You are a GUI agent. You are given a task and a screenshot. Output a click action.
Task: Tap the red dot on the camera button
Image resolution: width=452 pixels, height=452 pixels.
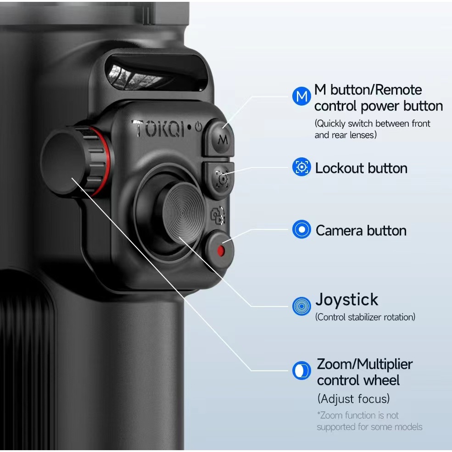click(221, 251)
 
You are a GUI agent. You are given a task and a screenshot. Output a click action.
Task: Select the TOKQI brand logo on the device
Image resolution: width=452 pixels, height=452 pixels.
click(158, 128)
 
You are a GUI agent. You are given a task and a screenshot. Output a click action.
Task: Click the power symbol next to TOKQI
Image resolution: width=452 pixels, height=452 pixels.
click(199, 127)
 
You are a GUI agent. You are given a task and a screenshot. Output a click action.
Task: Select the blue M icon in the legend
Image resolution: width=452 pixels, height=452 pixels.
click(301, 96)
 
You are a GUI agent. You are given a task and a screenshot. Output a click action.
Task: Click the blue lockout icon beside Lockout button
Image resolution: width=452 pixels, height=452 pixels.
click(301, 167)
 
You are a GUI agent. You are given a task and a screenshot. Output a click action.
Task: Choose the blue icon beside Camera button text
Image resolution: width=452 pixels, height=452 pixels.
click(301, 229)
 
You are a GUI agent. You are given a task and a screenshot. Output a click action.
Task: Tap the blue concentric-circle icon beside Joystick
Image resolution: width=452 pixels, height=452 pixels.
click(301, 306)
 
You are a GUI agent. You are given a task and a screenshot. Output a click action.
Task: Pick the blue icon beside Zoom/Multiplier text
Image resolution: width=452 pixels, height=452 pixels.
click(301, 370)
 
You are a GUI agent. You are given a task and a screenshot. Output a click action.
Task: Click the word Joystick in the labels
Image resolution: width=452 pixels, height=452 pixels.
click(347, 300)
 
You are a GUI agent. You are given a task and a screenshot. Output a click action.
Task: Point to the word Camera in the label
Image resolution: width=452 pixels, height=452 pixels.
click(339, 231)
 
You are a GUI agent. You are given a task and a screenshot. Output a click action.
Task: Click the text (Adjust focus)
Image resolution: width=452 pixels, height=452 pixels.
click(354, 399)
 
